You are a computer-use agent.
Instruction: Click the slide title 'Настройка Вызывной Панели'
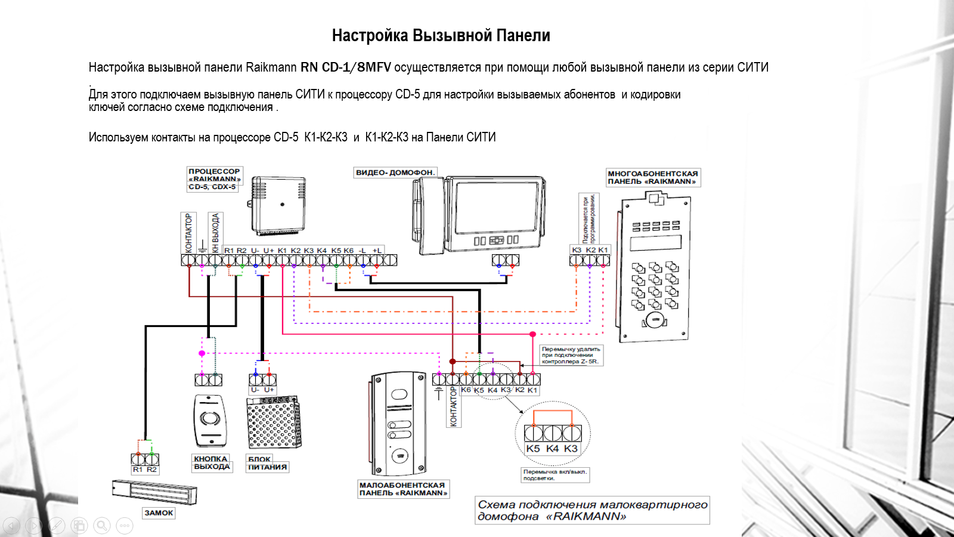tap(441, 36)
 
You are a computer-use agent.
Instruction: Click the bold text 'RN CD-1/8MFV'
tap(345, 67)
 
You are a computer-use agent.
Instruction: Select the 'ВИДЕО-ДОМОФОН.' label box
tap(395, 172)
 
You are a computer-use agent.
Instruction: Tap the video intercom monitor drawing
tap(478, 215)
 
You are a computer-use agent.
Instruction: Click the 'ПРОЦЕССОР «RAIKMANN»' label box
tap(214, 179)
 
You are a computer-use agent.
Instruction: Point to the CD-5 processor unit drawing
tap(278, 206)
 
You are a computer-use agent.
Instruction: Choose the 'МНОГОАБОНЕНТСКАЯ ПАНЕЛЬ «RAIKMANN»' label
tap(652, 178)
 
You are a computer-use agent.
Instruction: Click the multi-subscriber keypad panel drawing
tap(653, 268)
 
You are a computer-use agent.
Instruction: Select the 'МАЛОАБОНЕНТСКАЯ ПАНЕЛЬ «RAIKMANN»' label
tap(403, 489)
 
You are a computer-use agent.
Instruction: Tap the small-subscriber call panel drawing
tap(399, 424)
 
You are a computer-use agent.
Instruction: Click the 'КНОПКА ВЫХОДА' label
tap(211, 463)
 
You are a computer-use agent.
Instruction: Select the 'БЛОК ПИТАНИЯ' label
tap(267, 464)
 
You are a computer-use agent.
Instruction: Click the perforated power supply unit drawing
tap(274, 422)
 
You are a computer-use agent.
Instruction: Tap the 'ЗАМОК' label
tap(159, 513)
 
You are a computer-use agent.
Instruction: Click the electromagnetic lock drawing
tap(154, 491)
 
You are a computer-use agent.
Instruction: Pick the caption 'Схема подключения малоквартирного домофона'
tap(592, 510)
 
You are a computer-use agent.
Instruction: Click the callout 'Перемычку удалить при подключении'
tap(571, 355)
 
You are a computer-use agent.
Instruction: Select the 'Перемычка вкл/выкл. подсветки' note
tap(555, 475)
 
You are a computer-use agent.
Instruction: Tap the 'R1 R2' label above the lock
tap(145, 470)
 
